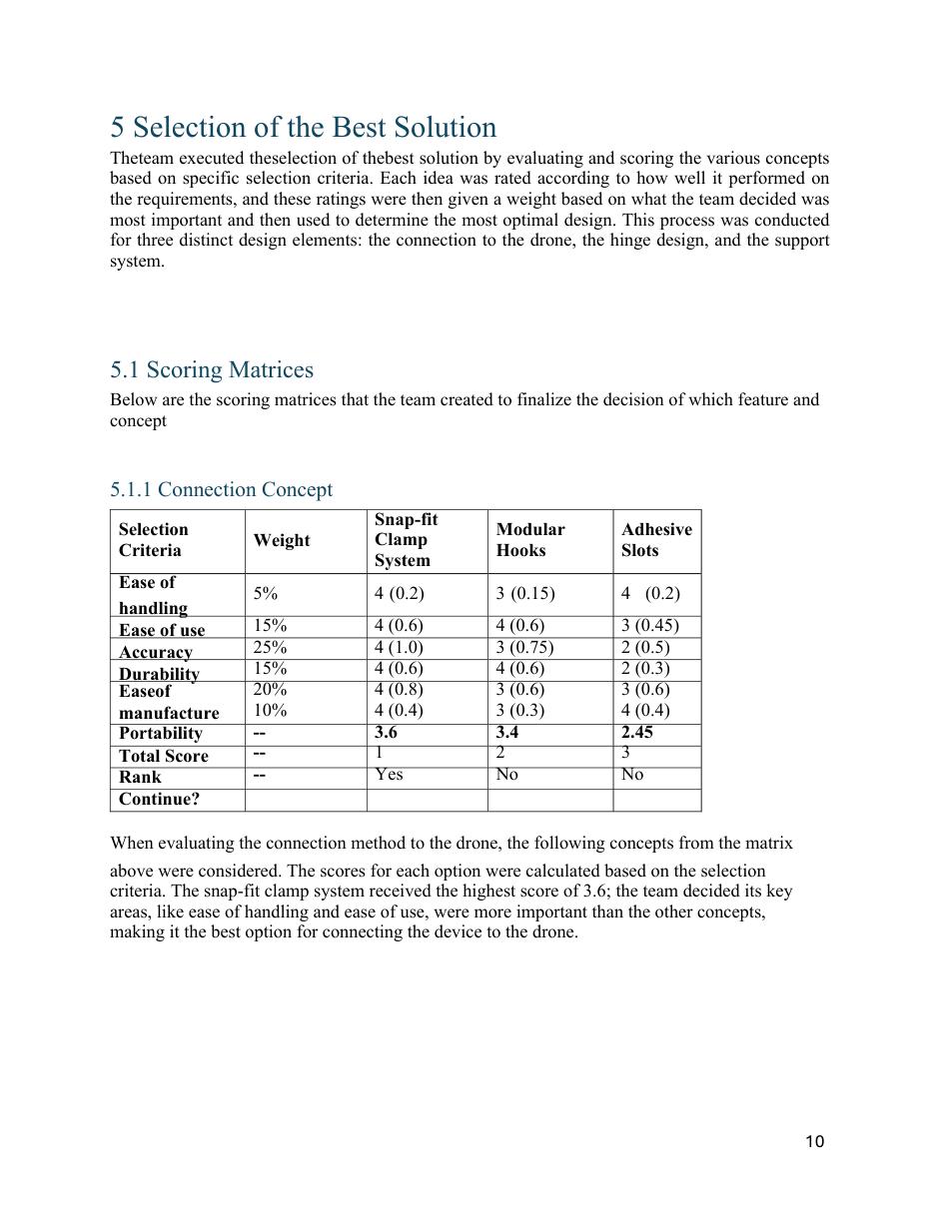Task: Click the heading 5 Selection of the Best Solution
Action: (x=303, y=128)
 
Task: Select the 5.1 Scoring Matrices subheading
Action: (x=211, y=370)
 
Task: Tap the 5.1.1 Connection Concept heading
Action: (x=221, y=490)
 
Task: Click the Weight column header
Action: (x=281, y=540)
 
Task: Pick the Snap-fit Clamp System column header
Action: (x=406, y=540)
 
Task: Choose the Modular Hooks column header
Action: (x=529, y=540)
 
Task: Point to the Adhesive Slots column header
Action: (x=655, y=540)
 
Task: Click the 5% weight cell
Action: (x=265, y=594)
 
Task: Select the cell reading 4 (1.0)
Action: (x=399, y=647)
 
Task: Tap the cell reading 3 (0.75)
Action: (x=524, y=647)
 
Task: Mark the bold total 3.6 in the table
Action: (x=386, y=733)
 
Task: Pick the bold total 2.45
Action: (x=636, y=733)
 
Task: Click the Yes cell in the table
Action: (x=389, y=775)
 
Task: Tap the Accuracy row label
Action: (x=155, y=652)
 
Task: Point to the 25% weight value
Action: (x=270, y=647)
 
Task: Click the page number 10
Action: (x=814, y=1142)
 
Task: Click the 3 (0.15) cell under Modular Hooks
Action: (x=525, y=594)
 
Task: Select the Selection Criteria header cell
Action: (x=153, y=540)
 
